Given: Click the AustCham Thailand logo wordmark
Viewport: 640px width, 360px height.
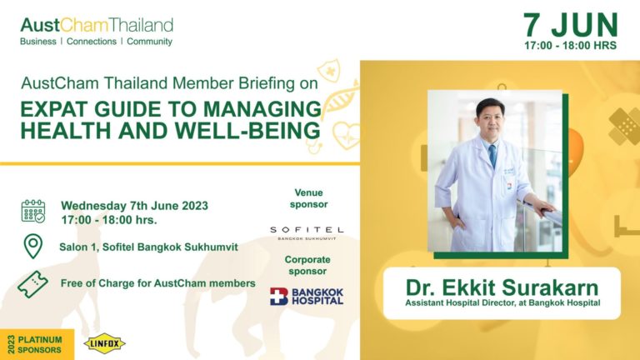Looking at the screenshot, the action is (x=97, y=25).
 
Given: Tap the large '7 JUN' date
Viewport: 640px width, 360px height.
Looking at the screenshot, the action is (x=571, y=25).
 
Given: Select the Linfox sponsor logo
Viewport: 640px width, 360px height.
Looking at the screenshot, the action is (x=104, y=343).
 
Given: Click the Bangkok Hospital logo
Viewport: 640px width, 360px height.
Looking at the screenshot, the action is (x=307, y=297).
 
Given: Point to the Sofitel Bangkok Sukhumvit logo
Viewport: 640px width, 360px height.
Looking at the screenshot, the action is (x=307, y=232).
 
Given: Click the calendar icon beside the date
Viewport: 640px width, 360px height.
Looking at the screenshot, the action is (x=33, y=211).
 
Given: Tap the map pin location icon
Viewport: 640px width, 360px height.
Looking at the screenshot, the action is (x=33, y=246).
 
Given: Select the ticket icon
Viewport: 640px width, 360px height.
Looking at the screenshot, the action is (x=32, y=284).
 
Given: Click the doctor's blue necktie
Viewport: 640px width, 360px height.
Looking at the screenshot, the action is (x=493, y=156).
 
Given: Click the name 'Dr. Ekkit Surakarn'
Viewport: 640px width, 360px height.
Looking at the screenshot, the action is (x=502, y=287).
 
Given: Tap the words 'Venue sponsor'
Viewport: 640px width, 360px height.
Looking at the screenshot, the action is (x=309, y=198).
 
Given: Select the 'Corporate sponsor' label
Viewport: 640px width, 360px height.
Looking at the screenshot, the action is (x=307, y=265).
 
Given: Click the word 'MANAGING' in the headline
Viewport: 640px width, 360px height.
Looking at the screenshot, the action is (x=262, y=109).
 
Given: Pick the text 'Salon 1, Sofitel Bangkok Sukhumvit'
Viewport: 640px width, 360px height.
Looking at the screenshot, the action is (x=148, y=247).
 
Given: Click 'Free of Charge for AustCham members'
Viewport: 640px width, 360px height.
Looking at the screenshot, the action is (x=158, y=283).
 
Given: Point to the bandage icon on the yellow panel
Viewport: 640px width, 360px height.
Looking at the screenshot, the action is (x=624, y=126).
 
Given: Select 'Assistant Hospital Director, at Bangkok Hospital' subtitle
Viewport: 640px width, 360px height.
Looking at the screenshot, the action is (x=502, y=302).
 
